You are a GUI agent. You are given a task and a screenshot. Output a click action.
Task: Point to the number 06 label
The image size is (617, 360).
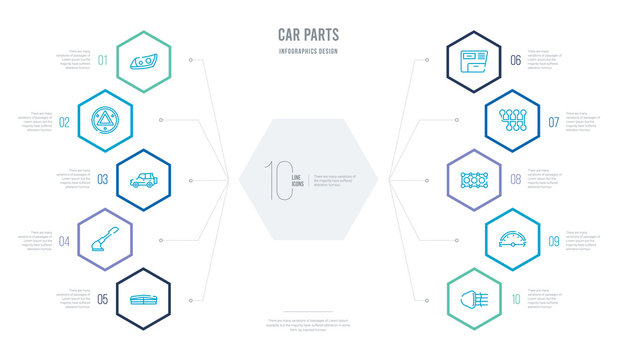click(x=516, y=61)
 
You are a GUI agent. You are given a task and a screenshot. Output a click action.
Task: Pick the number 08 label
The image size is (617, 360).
click(x=516, y=180)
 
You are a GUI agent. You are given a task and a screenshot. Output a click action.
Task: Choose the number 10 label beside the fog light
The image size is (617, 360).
click(x=516, y=299)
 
